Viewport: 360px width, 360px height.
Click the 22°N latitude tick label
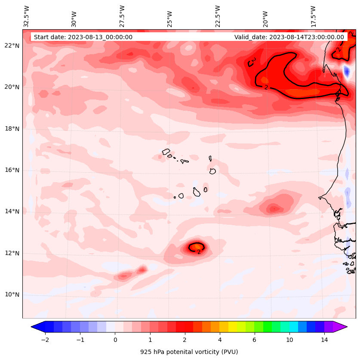point(12,46)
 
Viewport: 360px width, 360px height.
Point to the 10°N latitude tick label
point(12,295)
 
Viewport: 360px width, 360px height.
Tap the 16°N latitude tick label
point(12,170)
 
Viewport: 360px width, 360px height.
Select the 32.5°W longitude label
point(27,16)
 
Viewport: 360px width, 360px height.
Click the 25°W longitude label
point(170,19)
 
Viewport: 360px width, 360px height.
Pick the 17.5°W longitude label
point(313,16)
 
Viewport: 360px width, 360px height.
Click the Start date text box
point(83,37)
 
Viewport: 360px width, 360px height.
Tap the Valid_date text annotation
point(289,37)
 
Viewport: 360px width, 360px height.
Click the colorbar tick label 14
point(324,340)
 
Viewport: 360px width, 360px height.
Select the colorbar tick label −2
point(45,340)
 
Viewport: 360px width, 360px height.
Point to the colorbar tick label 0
point(115,340)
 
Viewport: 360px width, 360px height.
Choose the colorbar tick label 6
point(254,340)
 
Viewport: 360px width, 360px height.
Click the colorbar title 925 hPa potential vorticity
point(189,352)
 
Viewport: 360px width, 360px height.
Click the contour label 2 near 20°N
point(266,87)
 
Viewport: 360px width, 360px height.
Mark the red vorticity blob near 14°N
point(274,209)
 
